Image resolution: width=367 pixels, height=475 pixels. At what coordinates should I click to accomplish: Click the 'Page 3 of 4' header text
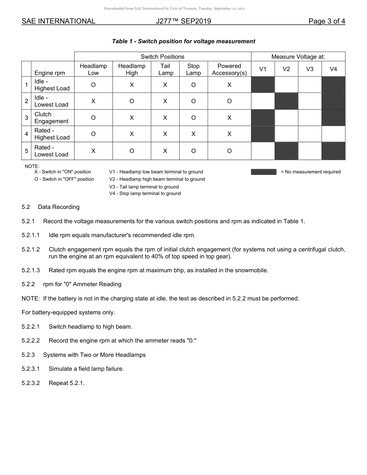point(326,21)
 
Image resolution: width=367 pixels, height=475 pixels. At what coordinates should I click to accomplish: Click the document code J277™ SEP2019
point(183,21)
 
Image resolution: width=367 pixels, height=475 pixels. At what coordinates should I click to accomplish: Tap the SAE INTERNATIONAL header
point(58,21)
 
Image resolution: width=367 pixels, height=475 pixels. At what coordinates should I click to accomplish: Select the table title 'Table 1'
point(183,41)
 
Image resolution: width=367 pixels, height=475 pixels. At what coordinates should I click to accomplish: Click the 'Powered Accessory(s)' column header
point(229,70)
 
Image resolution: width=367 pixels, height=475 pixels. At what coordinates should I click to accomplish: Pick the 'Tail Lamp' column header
point(165,70)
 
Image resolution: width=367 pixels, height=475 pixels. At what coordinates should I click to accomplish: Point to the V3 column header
point(310,69)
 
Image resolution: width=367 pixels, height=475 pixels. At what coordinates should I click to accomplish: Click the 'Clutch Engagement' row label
point(51,118)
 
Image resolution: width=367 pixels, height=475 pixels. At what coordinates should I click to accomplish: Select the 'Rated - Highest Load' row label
point(52,134)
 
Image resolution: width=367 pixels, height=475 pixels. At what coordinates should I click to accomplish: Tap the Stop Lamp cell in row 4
point(193,134)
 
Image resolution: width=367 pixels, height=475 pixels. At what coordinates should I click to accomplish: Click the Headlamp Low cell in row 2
point(93,101)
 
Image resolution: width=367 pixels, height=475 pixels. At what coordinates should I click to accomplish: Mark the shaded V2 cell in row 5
point(286,151)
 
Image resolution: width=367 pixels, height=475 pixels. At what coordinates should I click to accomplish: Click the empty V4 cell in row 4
point(333,134)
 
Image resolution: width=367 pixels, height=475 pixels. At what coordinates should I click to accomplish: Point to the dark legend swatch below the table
point(263,172)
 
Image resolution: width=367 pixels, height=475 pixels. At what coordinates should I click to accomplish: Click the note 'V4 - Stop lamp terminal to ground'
point(145,193)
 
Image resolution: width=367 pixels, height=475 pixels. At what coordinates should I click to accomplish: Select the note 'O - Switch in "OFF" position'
point(64,179)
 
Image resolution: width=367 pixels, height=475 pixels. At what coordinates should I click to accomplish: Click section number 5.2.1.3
point(31,270)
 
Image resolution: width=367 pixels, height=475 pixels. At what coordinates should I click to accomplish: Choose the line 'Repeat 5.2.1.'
point(66,383)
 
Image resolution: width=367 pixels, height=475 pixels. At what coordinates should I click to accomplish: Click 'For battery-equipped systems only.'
point(68,312)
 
